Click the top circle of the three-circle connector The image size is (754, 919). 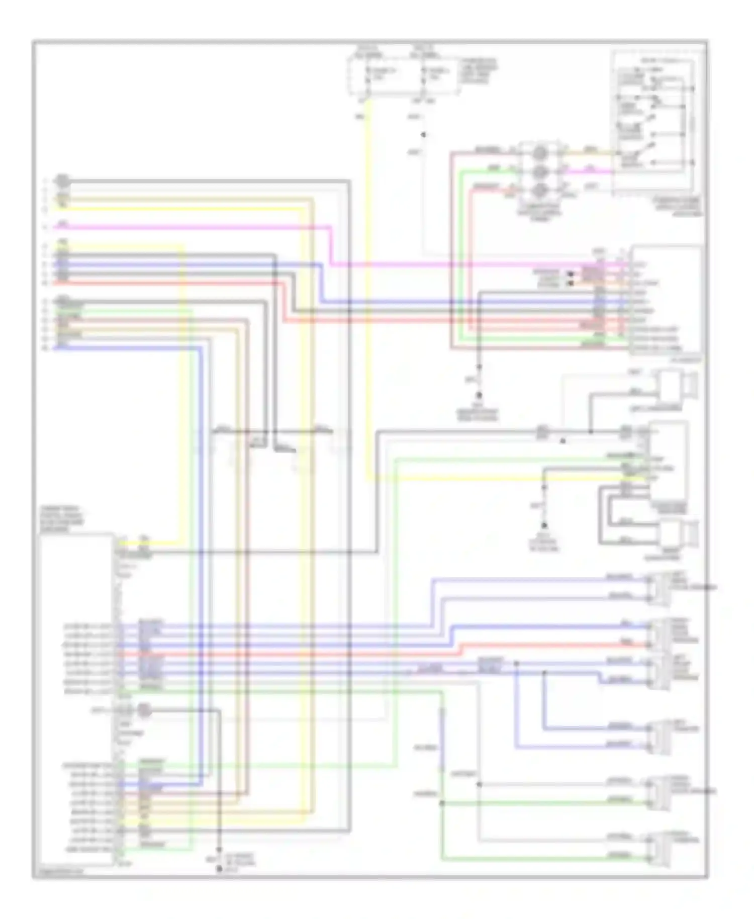pos(539,152)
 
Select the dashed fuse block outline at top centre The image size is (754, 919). pos(404,75)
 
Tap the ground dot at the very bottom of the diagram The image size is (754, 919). pos(219,869)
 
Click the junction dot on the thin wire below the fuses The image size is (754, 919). pos(423,135)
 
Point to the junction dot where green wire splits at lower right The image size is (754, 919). pos(442,803)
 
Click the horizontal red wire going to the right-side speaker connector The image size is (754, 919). pos(553,645)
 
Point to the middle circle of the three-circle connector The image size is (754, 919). pos(539,171)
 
